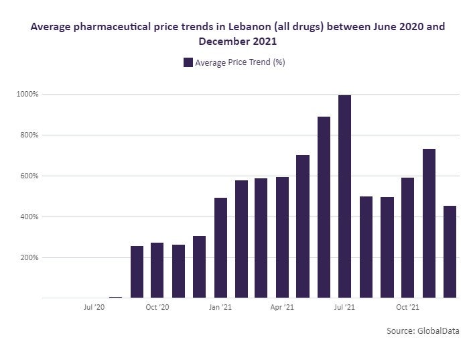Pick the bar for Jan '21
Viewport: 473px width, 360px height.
tap(220, 247)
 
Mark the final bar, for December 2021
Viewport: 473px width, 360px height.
tap(450, 251)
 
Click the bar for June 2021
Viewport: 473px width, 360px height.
tap(324, 207)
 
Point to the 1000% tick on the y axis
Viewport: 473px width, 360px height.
tap(28, 94)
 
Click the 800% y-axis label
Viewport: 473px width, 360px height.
tap(29, 135)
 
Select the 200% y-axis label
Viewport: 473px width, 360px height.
tap(29, 257)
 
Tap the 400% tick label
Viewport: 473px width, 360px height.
tap(29, 217)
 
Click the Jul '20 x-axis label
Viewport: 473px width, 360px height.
tap(94, 308)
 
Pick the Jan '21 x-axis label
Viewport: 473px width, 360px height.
tap(220, 308)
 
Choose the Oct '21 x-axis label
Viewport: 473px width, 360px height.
tap(407, 308)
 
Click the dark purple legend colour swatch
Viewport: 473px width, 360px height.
tap(188, 62)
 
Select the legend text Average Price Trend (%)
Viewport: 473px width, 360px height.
tap(241, 62)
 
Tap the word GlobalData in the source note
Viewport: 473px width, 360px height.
tap(438, 331)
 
